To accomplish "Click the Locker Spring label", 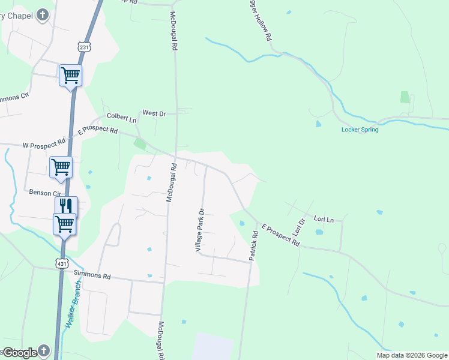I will tap(360, 130).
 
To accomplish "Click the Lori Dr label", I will tap(298, 226).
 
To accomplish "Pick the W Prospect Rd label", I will tap(44, 145).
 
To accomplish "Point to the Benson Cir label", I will tap(46, 193).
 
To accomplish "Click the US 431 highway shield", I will tap(61, 263).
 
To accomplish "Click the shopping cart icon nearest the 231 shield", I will tap(70, 75).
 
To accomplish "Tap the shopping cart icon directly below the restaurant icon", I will tap(64, 224).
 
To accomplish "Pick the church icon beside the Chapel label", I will tap(43, 15).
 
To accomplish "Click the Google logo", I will tap(20, 353).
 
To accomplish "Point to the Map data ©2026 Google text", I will tap(412, 355).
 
